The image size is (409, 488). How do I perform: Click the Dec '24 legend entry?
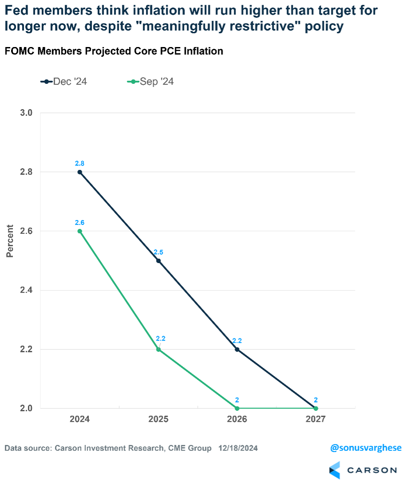64,82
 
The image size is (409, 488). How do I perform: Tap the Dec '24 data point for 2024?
80,172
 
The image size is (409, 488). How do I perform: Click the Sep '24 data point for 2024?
80,231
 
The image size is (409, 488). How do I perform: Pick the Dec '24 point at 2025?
158,261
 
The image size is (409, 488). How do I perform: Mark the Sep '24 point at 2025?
158,350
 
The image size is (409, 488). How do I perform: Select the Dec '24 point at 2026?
237,350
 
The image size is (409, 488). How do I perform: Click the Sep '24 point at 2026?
237,408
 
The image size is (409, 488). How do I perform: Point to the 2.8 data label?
80,164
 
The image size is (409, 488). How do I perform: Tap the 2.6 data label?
80,223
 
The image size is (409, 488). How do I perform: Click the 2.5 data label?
158,252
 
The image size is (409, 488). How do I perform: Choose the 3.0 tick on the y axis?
27,113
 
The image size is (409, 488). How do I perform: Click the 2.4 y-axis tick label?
27,290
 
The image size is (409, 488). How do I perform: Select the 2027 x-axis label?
315,419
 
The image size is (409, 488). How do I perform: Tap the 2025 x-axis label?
158,419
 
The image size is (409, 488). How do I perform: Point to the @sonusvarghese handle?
366,448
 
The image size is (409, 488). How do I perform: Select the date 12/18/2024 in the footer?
238,448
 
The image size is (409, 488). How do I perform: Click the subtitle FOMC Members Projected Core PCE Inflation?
114,51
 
